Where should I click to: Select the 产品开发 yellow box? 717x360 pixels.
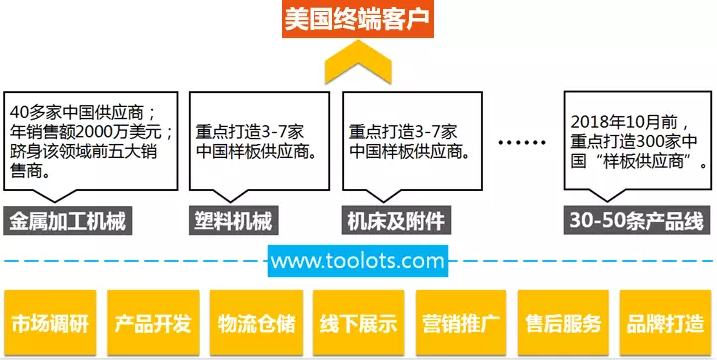pos(153,324)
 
